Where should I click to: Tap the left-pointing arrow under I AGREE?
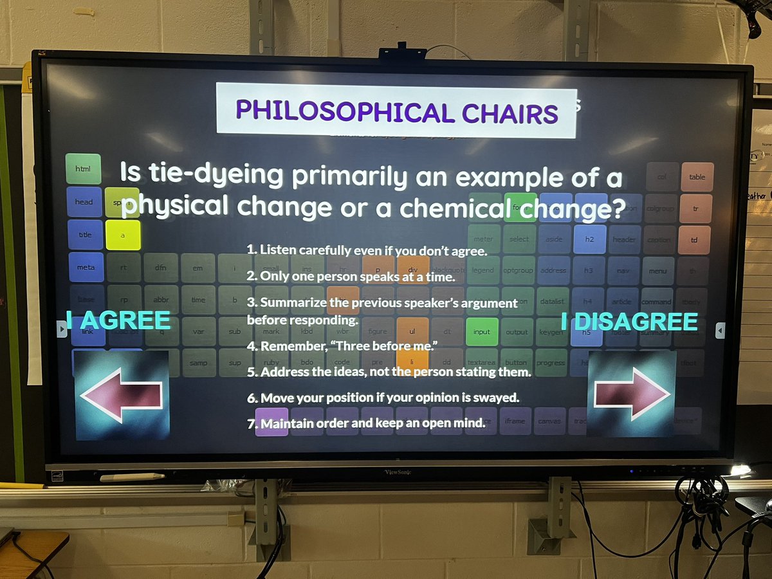point(122,394)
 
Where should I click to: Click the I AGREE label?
point(119,320)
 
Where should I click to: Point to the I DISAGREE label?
point(629,321)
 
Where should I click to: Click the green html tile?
point(84,169)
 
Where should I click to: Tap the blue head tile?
point(84,201)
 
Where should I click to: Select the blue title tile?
point(85,235)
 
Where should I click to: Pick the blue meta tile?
point(86,268)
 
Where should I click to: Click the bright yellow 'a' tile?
point(123,235)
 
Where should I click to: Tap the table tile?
point(697,177)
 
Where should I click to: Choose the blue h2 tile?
point(589,239)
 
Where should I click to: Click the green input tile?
point(481,332)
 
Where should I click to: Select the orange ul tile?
point(413,331)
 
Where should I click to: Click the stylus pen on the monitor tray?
point(132,477)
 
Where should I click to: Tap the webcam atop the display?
point(402,53)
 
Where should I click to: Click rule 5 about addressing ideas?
point(389,372)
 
